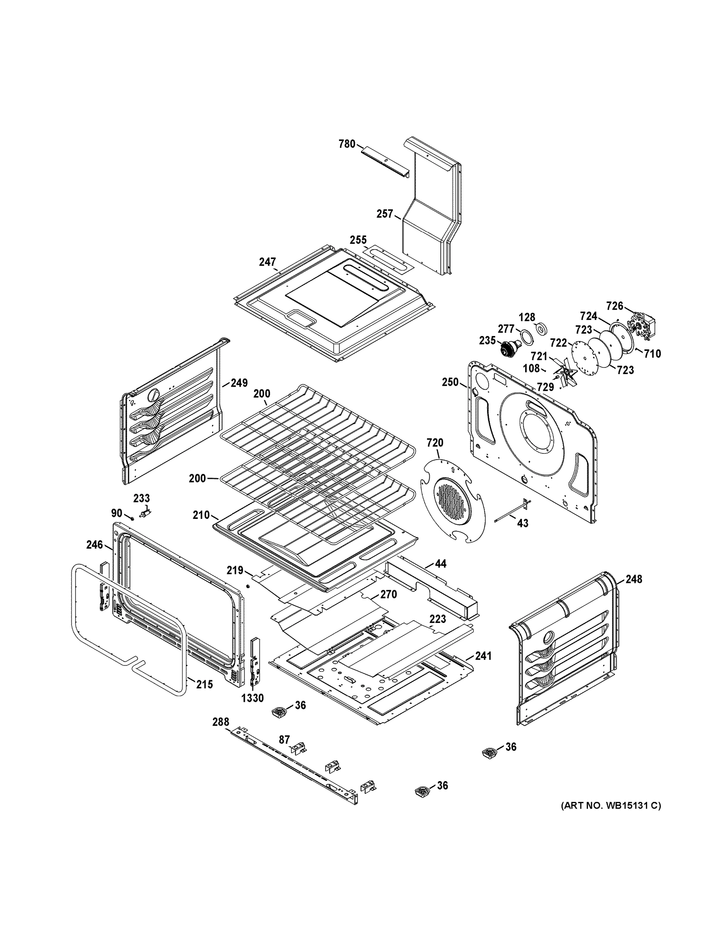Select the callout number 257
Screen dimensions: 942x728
pos(385,214)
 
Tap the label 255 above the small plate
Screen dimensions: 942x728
pos(358,240)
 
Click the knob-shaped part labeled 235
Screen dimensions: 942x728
pos(507,347)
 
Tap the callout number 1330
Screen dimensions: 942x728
pos(252,698)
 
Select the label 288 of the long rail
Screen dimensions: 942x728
pos(221,722)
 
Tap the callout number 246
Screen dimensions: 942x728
pos(95,545)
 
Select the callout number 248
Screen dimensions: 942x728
pos(633,579)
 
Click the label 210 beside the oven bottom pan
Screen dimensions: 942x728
pos(201,515)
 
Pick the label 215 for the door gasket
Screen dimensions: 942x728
pos(204,684)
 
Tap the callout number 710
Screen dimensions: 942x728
pos(652,354)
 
